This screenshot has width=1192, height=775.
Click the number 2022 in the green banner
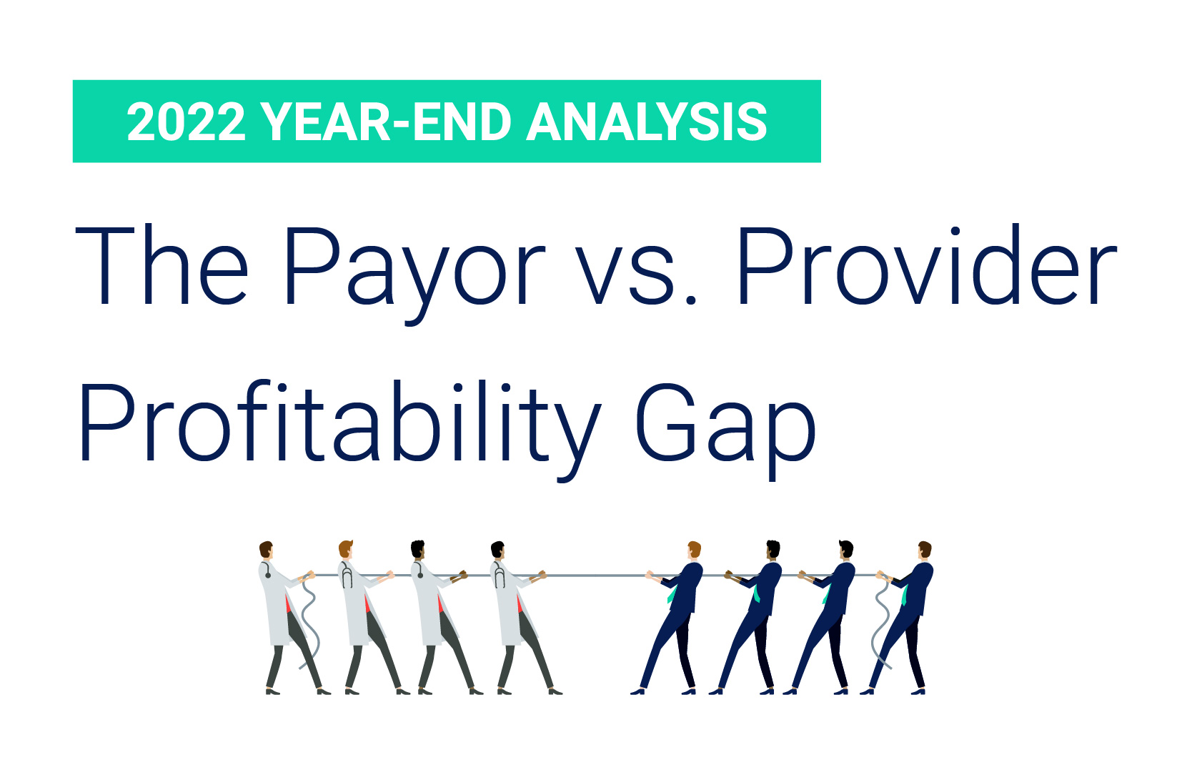click(186, 122)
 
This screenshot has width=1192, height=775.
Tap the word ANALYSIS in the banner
click(647, 122)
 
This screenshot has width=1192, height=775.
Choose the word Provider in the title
click(926, 267)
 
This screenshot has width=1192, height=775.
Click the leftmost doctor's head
click(267, 551)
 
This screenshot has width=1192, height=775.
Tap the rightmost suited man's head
click(925, 551)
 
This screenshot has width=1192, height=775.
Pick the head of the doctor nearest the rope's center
click(498, 551)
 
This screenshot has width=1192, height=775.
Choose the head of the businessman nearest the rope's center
click(693, 551)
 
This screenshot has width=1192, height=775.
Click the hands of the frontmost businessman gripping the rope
click(650, 575)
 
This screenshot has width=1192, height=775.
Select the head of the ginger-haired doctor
click(346, 551)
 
